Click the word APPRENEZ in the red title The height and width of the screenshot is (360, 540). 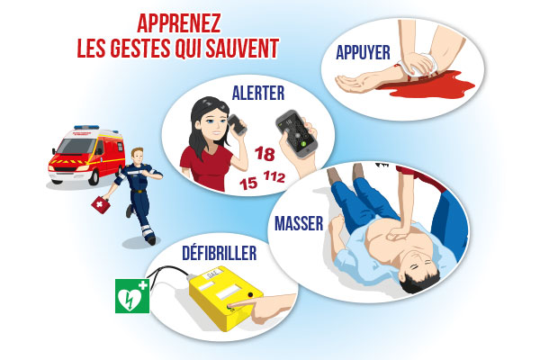(x=179, y=23)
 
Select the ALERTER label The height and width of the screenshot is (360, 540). (x=258, y=93)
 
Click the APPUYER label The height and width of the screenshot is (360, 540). (x=363, y=52)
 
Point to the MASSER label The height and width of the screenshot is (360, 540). (x=299, y=223)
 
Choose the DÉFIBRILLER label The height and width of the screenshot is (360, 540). (x=219, y=253)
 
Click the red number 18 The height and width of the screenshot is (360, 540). (x=265, y=154)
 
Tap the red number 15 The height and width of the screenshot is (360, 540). (x=248, y=183)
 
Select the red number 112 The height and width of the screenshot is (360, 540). (x=274, y=176)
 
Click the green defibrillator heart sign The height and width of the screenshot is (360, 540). (x=132, y=296)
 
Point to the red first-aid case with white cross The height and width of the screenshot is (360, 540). (x=101, y=204)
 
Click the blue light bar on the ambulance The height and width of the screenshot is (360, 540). (x=86, y=128)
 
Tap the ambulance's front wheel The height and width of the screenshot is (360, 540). (x=94, y=176)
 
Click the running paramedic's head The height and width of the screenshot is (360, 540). (x=138, y=156)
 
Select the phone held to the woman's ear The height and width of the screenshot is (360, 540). (x=237, y=124)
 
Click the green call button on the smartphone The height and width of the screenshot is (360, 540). (x=303, y=144)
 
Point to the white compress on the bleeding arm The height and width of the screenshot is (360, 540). (x=422, y=66)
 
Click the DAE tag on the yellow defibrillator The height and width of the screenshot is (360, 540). (x=211, y=276)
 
